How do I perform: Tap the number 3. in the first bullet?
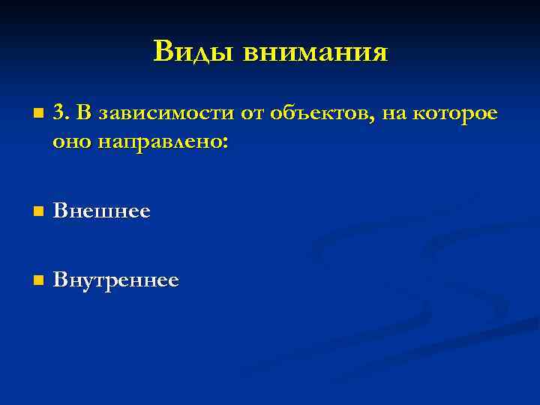(x=61, y=113)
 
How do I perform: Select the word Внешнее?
(x=102, y=211)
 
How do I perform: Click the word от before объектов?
(x=248, y=114)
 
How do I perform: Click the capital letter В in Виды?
(x=164, y=51)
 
